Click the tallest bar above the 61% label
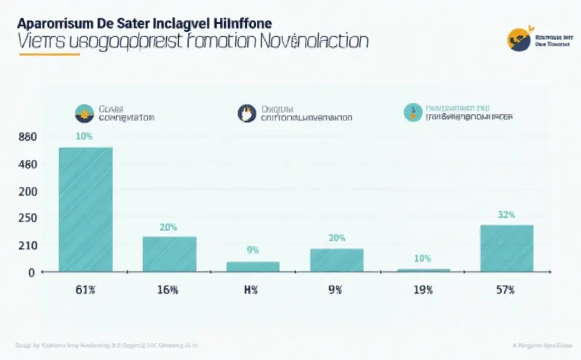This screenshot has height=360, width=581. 86,209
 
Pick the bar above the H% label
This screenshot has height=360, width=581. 253,266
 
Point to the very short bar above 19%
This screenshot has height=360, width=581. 424,270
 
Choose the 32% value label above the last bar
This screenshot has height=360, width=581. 506,214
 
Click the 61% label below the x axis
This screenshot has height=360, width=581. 86,289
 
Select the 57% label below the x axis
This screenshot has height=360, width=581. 505,289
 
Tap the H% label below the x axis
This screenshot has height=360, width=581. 252,289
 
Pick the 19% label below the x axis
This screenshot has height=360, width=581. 422,289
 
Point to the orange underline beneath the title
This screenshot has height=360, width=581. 50,54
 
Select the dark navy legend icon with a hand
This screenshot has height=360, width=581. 247,113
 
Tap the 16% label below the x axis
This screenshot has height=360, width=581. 169,289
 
